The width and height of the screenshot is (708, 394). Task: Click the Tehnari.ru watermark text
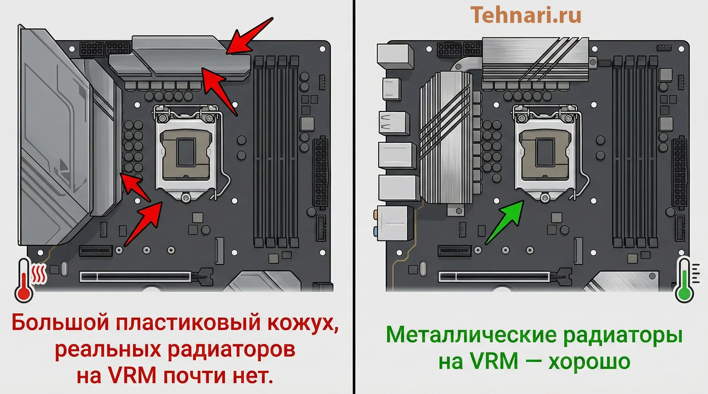tap(526, 15)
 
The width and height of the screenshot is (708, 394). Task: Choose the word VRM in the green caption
tap(494, 361)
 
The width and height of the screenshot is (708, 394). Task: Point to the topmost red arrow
tap(250, 36)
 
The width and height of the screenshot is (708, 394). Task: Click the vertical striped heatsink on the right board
tap(446, 137)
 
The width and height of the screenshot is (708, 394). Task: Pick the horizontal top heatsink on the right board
tap(535, 59)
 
